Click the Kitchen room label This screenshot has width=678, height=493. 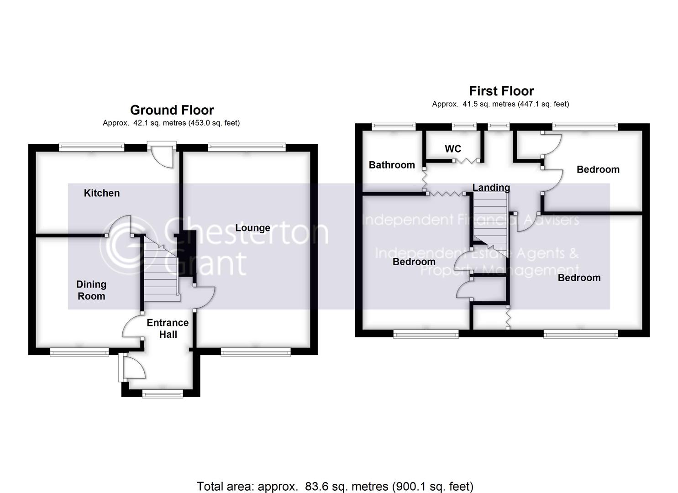pyautogui.click(x=102, y=193)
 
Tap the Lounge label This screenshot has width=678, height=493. pyautogui.click(x=252, y=228)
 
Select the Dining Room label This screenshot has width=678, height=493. pyautogui.click(x=91, y=290)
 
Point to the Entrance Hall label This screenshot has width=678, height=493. pyautogui.click(x=168, y=329)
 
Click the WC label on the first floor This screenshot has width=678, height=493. pyautogui.click(x=453, y=149)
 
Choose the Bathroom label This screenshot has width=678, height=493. pyautogui.click(x=392, y=165)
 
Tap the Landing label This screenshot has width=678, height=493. pyautogui.click(x=491, y=187)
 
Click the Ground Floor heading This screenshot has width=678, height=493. pyautogui.click(x=172, y=110)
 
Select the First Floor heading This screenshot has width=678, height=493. pyautogui.click(x=501, y=91)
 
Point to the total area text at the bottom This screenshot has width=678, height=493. pyautogui.click(x=335, y=486)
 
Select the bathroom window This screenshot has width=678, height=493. pyautogui.click(x=394, y=126)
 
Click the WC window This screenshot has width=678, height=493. pyautogui.click(x=464, y=126)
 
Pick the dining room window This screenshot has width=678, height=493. pyautogui.click(x=79, y=351)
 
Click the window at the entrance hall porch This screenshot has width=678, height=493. pyautogui.click(x=163, y=393)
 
